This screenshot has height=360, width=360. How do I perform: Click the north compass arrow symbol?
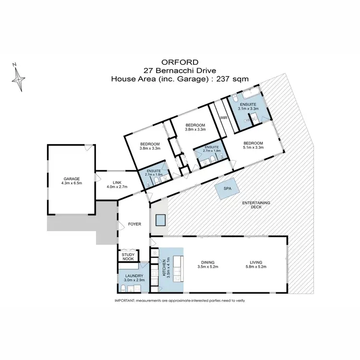tap(20, 77)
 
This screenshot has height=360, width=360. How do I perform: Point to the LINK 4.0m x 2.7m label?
tap(117, 184)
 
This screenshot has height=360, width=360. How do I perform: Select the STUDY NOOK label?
tap(128, 257)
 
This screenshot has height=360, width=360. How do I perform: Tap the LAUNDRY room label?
tap(132, 278)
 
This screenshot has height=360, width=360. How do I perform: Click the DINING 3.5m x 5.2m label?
tap(208, 264)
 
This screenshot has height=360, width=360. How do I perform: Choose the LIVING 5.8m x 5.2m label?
tap(255, 264)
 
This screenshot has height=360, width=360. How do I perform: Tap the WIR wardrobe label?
tap(223, 117)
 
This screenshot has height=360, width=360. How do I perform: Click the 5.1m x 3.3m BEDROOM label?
tap(252, 145)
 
